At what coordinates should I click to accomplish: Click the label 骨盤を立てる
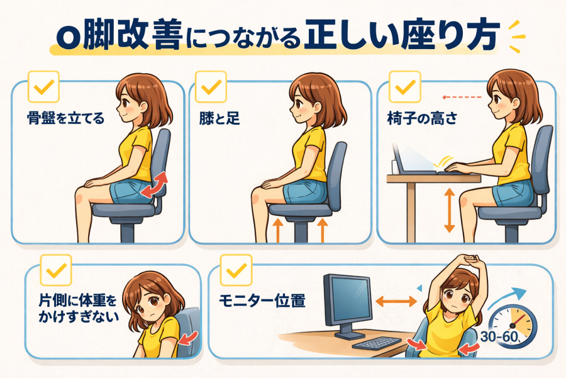pyautogui.click(x=65, y=118)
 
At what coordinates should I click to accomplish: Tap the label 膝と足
pyautogui.click(x=219, y=118)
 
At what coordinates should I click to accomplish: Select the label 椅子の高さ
pyautogui.click(x=422, y=118)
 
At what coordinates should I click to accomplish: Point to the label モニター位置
pyautogui.click(x=262, y=301)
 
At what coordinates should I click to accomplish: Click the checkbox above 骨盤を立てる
pyautogui.click(x=43, y=87)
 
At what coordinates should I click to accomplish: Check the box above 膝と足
pyautogui.click(x=211, y=87)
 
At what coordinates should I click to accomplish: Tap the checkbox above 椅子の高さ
pyautogui.click(x=405, y=87)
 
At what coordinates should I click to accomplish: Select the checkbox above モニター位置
pyautogui.click(x=236, y=270)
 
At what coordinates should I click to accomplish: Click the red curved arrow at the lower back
pyautogui.click(x=155, y=185)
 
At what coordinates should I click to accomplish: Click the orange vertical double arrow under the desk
pyautogui.click(x=450, y=210)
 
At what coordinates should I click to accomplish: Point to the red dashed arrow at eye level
pyautogui.click(x=462, y=97)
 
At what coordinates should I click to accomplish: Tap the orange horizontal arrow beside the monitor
pyautogui.click(x=396, y=301)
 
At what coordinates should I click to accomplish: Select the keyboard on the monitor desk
pyautogui.click(x=377, y=343)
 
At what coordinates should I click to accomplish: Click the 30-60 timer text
pyautogui.click(x=499, y=337)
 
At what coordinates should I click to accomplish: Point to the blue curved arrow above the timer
pyautogui.click(x=506, y=298)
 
